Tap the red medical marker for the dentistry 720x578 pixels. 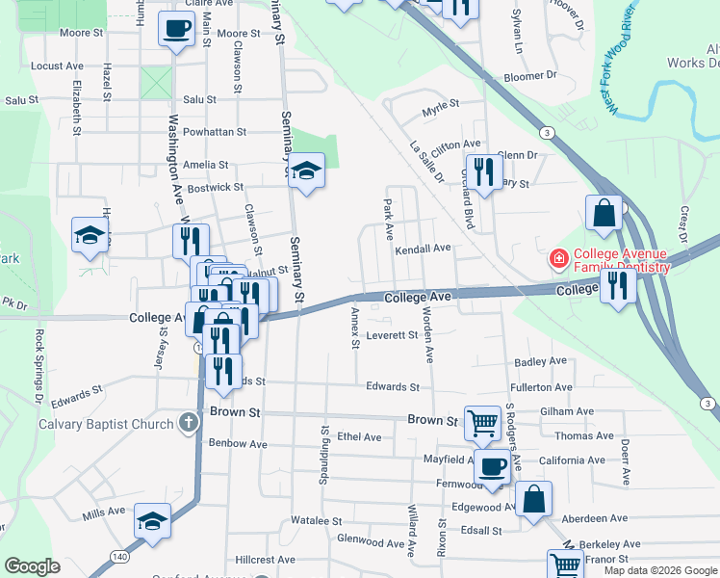556,259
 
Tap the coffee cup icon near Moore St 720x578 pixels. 176,29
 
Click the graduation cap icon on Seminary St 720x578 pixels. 306,171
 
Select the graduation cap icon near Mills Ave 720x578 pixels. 152,521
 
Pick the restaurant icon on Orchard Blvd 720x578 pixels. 483,171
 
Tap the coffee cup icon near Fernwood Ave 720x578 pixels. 492,466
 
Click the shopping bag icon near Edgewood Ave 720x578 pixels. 533,499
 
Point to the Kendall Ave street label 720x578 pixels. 423,249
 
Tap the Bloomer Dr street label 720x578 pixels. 530,75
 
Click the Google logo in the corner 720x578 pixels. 33,566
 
